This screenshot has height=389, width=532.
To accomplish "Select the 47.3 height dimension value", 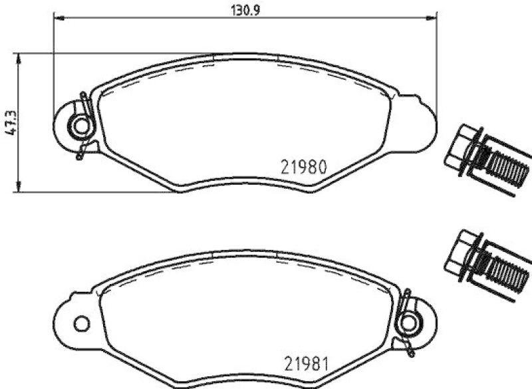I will [x=9, y=123].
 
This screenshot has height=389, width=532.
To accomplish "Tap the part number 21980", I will [x=303, y=167].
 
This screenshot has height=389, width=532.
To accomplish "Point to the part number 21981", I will [x=305, y=364].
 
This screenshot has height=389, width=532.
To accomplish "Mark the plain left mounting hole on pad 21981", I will [x=82, y=324].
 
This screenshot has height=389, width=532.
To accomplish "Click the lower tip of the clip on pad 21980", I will [x=79, y=157].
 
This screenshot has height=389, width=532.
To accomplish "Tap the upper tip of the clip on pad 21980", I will [x=82, y=94].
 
